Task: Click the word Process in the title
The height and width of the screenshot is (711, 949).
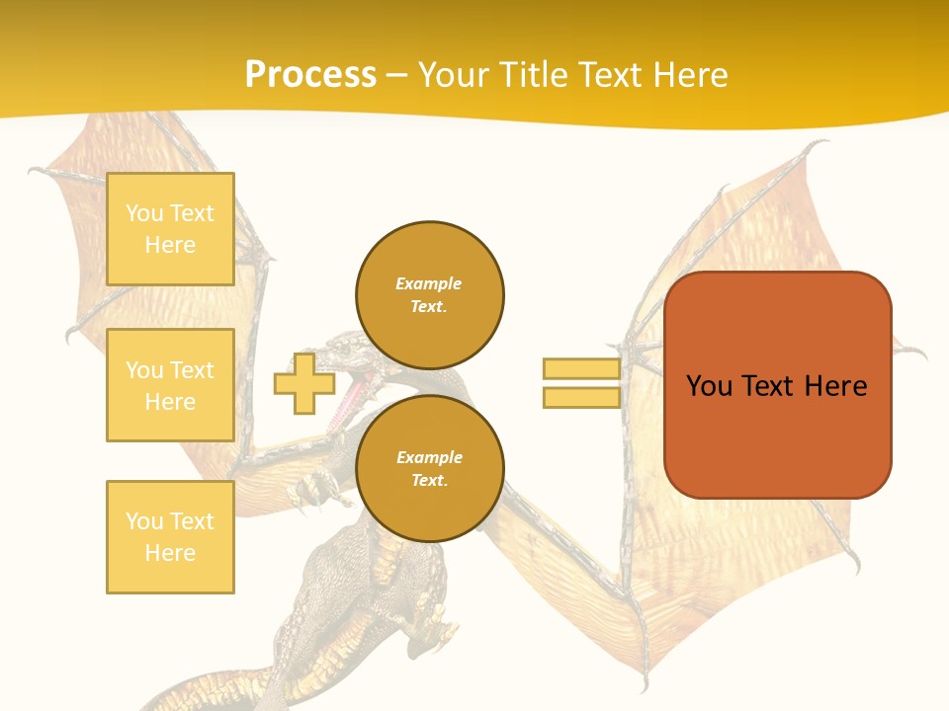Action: tap(310, 74)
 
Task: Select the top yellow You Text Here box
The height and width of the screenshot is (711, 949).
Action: tap(170, 229)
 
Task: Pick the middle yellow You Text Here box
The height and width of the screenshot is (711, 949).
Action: tap(170, 385)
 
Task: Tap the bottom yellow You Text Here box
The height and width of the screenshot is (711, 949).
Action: tap(170, 537)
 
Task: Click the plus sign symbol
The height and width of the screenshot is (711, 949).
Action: tap(304, 384)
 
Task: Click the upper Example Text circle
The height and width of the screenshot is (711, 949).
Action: tap(430, 295)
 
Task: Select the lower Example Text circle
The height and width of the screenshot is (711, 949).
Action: tap(430, 469)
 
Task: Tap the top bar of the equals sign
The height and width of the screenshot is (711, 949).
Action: tap(581, 369)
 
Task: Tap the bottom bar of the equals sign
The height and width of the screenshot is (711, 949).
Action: tap(581, 398)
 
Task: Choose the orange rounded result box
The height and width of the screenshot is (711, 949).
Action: tap(778, 385)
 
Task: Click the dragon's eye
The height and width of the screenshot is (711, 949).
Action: tap(345, 348)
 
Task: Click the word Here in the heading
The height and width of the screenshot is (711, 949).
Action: tap(688, 74)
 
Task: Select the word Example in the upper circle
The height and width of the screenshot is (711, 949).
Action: tap(429, 283)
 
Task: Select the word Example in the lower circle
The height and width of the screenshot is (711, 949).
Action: tap(429, 457)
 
